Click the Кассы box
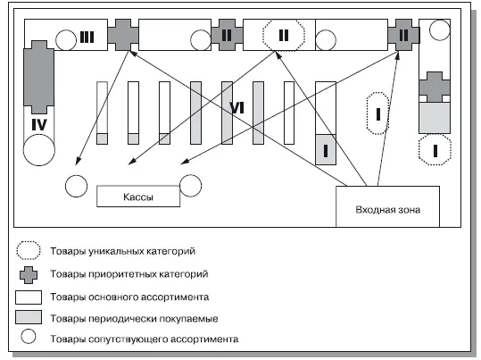[138, 197]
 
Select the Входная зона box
[387, 206]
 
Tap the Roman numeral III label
[87, 38]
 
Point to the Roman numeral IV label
[39, 125]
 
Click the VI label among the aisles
[236, 108]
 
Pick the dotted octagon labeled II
[284, 35]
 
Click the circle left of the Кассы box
[76, 186]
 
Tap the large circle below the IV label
[39, 150]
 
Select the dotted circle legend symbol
[29, 251]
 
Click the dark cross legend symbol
[29, 274]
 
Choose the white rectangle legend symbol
[29, 297]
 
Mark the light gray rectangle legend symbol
[29, 317]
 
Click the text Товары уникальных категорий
[123, 251]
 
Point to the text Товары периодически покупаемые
[134, 319]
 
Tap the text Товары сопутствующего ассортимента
[145, 339]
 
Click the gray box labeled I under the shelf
[326, 149]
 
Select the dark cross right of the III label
[123, 35]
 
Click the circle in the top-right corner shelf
[440, 30]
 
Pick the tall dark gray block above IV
[39, 77]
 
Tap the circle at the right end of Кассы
[190, 186]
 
